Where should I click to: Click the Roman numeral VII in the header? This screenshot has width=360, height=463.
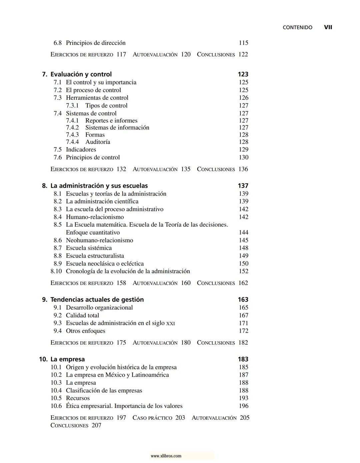coord(328,27)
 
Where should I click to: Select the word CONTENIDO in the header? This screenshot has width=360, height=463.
coord(297,28)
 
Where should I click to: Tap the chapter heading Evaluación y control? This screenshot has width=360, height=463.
coord(81,74)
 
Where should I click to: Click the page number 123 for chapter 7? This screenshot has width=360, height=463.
coord(243,74)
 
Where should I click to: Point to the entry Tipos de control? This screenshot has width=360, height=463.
coord(106,106)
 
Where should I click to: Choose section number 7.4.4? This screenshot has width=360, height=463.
coord(72,142)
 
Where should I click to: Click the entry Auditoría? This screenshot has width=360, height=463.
coord(98,142)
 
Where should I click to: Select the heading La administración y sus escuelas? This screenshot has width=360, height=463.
coord(99,186)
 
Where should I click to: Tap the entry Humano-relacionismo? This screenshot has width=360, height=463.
coord(95,217)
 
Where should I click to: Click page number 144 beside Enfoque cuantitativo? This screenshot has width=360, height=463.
coord(243,233)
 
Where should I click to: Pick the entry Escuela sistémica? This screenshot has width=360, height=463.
coord(89,248)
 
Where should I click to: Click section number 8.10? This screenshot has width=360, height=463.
coord(56,272)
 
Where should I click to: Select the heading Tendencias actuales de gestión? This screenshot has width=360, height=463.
coord(97,300)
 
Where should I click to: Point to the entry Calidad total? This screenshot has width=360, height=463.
coord(82,316)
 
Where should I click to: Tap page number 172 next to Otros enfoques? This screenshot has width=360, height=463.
coord(243,331)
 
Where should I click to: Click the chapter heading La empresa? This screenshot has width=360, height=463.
coord(67,359)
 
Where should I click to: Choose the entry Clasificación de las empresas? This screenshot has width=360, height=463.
coord(104,391)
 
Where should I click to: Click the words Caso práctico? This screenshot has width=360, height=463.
coord(152,418)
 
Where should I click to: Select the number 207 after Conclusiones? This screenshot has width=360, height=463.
coord(96,426)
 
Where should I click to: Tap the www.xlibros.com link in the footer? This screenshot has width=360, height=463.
coord(166,456)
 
